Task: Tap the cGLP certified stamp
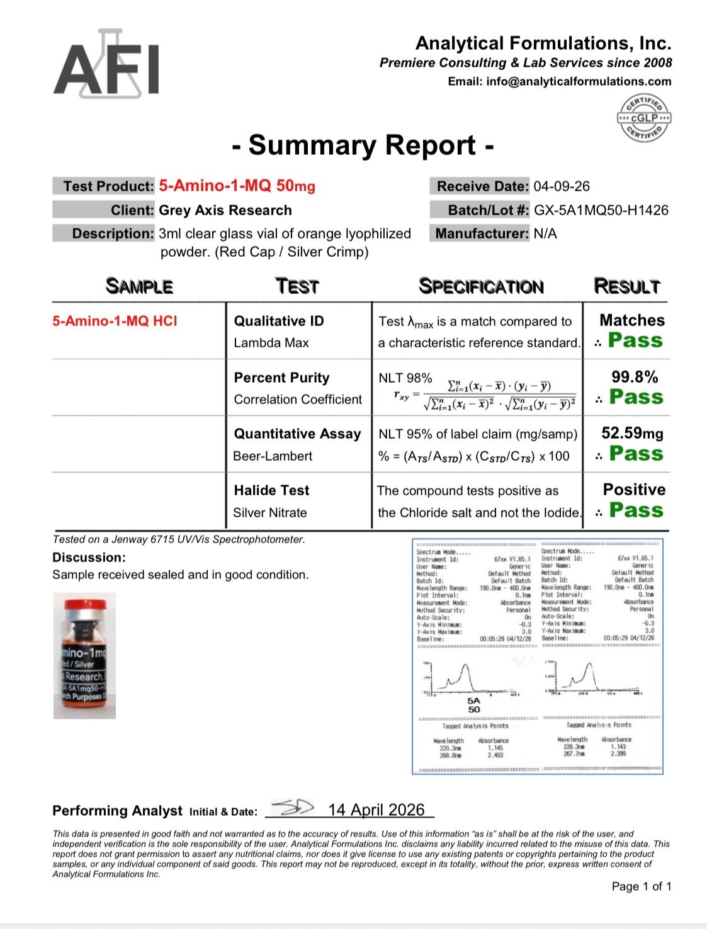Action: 643,118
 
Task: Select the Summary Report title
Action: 362,145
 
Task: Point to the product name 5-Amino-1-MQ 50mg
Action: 237,186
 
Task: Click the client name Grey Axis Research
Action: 225,210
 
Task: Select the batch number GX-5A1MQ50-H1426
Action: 601,210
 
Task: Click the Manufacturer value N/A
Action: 545,234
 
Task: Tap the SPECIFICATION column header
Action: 481,286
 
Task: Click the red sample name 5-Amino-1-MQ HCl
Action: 115,321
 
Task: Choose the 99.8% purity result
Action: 635,377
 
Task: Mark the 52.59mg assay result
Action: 632,433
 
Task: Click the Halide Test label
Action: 271,490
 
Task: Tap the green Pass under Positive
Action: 636,510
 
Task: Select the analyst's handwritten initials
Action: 294,807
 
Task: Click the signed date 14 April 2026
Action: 376,809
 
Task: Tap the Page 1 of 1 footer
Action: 641,886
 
